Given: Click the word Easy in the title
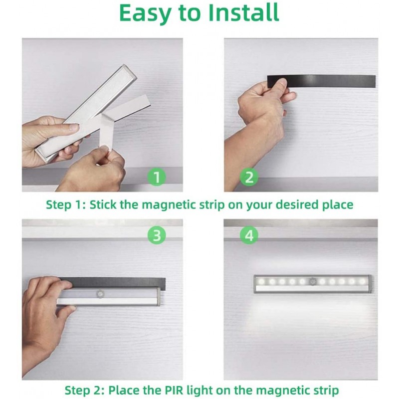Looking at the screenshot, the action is [x=144, y=13].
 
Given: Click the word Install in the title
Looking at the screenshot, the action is [x=244, y=12].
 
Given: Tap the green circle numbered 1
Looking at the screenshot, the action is [x=157, y=177].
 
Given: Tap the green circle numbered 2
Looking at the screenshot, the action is [x=249, y=177].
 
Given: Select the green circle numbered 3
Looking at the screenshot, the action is [x=157, y=235].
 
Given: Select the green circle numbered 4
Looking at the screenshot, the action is [x=249, y=235].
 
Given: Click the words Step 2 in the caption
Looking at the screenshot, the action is [x=85, y=390].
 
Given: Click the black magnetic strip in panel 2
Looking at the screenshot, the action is [x=322, y=81].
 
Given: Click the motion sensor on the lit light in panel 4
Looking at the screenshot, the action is [x=312, y=281].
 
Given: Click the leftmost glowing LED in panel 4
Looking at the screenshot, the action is [x=262, y=282].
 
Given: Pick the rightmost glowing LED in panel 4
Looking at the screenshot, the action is [x=362, y=281].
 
